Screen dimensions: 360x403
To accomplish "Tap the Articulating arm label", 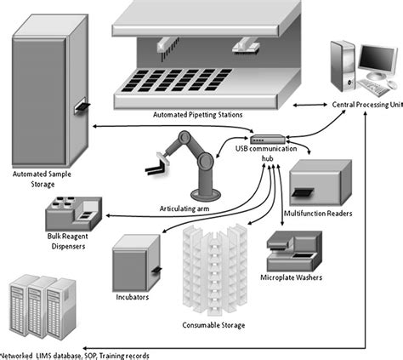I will pos(189,207).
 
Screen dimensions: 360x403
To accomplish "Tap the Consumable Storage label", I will pos(214,325).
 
